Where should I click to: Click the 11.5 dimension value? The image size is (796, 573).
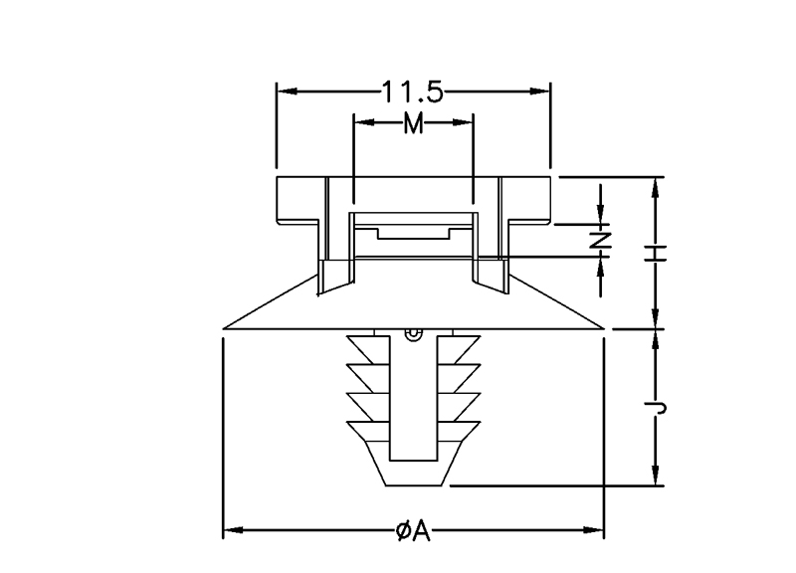[412, 92]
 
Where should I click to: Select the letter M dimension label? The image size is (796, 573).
[413, 122]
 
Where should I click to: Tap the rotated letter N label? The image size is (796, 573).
[601, 240]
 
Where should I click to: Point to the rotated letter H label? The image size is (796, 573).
[655, 253]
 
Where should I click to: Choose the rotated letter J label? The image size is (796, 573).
[655, 407]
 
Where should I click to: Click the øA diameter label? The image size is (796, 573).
[413, 531]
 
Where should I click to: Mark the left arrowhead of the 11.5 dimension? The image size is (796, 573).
[288, 92]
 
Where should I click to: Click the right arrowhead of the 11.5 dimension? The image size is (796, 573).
[539, 92]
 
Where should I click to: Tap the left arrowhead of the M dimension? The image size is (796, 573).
[364, 122]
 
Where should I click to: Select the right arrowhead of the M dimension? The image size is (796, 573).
[463, 122]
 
